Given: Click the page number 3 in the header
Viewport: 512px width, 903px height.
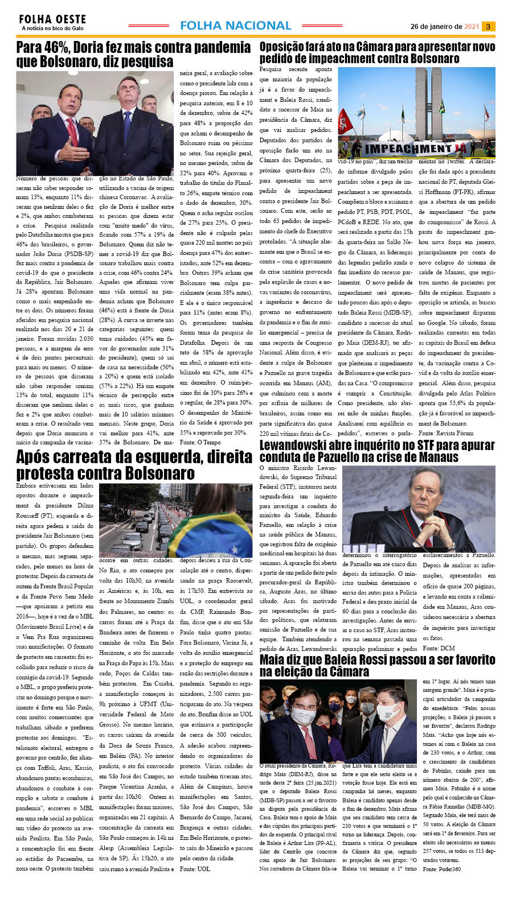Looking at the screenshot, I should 489,26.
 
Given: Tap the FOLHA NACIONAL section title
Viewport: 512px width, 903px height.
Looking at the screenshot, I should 235,26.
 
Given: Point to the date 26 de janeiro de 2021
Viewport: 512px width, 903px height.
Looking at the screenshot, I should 445,26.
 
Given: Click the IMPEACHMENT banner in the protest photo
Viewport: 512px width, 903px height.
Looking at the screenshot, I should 409,149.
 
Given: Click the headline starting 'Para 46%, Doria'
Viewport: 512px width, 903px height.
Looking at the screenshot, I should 133,54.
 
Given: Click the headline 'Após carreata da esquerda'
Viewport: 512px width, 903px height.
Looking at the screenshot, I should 133,465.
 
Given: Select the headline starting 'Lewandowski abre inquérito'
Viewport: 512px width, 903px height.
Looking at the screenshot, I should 377,451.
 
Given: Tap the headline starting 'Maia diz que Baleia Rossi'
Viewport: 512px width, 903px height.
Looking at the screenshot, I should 377,665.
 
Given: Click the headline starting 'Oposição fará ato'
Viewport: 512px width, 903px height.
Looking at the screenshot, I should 377,52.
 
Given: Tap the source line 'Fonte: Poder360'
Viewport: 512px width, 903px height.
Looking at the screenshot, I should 442,869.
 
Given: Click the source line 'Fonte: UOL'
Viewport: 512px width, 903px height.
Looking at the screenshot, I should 195,869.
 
